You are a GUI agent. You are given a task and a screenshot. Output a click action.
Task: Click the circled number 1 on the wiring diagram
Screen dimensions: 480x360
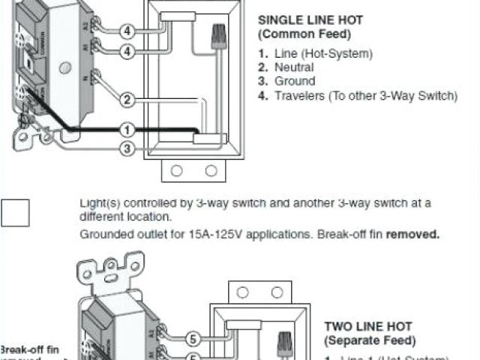click(x=127, y=130)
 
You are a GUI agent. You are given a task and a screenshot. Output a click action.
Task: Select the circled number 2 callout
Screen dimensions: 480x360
click(x=127, y=100)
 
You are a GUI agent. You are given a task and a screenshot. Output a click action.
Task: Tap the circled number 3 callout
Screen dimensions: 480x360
click(x=127, y=148)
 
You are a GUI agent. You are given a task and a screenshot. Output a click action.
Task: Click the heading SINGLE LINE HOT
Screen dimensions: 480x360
click(x=307, y=21)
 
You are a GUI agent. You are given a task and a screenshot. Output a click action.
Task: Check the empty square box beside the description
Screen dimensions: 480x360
click(x=15, y=212)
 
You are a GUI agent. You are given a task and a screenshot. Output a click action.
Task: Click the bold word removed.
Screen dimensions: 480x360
click(x=413, y=234)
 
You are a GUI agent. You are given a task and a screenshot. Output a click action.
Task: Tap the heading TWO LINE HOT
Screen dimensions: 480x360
click(x=367, y=326)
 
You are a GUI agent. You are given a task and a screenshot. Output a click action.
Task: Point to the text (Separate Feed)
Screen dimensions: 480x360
click(x=367, y=340)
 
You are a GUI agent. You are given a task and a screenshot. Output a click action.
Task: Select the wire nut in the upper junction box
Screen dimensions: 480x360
click(x=220, y=34)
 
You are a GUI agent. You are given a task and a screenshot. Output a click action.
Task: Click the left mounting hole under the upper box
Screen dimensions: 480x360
click(x=176, y=170)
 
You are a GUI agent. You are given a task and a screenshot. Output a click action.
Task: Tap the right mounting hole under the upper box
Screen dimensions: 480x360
click(x=211, y=170)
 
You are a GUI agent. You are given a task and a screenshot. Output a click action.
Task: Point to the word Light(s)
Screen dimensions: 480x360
click(x=97, y=202)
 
